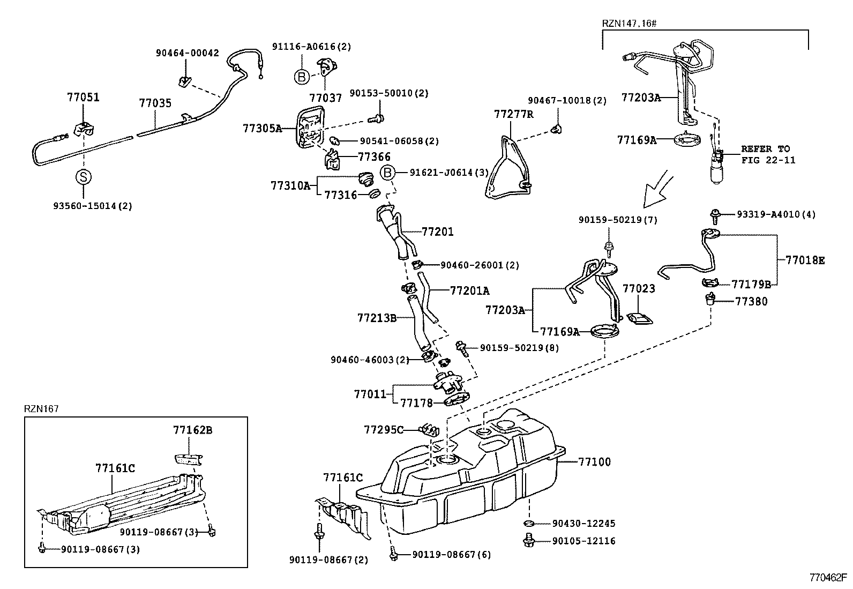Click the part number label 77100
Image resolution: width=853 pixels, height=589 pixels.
[x=594, y=461]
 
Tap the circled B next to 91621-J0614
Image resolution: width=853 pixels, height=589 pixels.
[x=388, y=173]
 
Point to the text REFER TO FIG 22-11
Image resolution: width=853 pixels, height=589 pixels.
[x=768, y=154]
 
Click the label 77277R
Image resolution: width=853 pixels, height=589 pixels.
[x=514, y=114]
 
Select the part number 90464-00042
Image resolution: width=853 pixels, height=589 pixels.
[x=188, y=53]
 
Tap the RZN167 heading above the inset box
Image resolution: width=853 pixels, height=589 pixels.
[x=41, y=409]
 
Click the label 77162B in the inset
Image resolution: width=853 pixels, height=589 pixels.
[x=192, y=430]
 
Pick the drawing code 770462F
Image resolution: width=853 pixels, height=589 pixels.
[x=828, y=578]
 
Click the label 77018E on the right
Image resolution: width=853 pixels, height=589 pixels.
[x=805, y=260]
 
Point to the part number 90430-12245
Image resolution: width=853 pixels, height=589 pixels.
[x=583, y=524]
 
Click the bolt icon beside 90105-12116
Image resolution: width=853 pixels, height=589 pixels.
[x=528, y=541]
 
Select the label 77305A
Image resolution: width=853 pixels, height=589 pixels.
[x=262, y=128]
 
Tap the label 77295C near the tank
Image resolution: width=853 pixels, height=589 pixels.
[x=383, y=429]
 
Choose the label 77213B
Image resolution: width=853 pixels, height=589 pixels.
[x=377, y=318]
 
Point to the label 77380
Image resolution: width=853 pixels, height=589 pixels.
[x=751, y=301]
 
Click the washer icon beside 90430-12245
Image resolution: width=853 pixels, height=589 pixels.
[x=527, y=523]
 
